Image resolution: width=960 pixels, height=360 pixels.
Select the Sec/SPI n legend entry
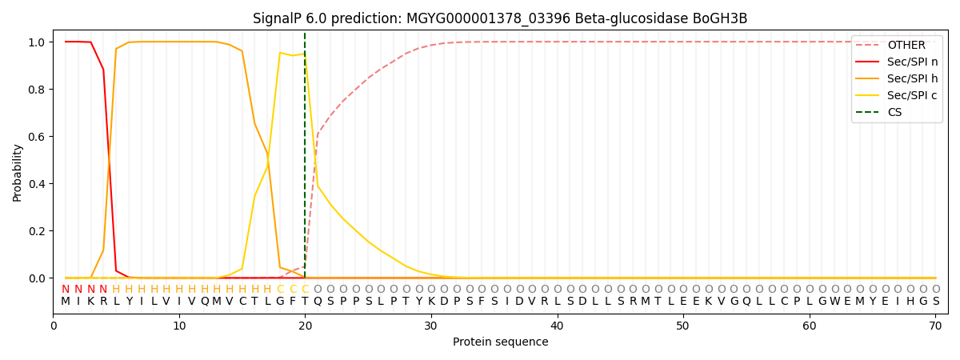[x=912, y=62]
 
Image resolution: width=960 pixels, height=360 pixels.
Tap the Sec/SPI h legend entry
[x=912, y=78]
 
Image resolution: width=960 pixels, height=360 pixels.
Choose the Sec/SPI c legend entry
[x=912, y=95]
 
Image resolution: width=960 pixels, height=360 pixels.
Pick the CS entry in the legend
[x=894, y=112]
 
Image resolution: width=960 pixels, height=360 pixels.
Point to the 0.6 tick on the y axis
[x=35, y=137]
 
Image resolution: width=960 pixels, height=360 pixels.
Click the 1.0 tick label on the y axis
[x=35, y=42]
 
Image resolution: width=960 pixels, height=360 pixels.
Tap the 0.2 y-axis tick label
[x=35, y=231]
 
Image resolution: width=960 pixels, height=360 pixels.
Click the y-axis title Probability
[x=18, y=172]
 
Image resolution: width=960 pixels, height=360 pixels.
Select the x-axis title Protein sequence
[x=501, y=342]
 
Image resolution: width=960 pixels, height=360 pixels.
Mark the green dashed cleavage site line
[x=305, y=160]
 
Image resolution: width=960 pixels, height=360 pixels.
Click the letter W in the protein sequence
[x=835, y=302]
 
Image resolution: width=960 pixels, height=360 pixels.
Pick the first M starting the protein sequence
[x=66, y=302]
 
